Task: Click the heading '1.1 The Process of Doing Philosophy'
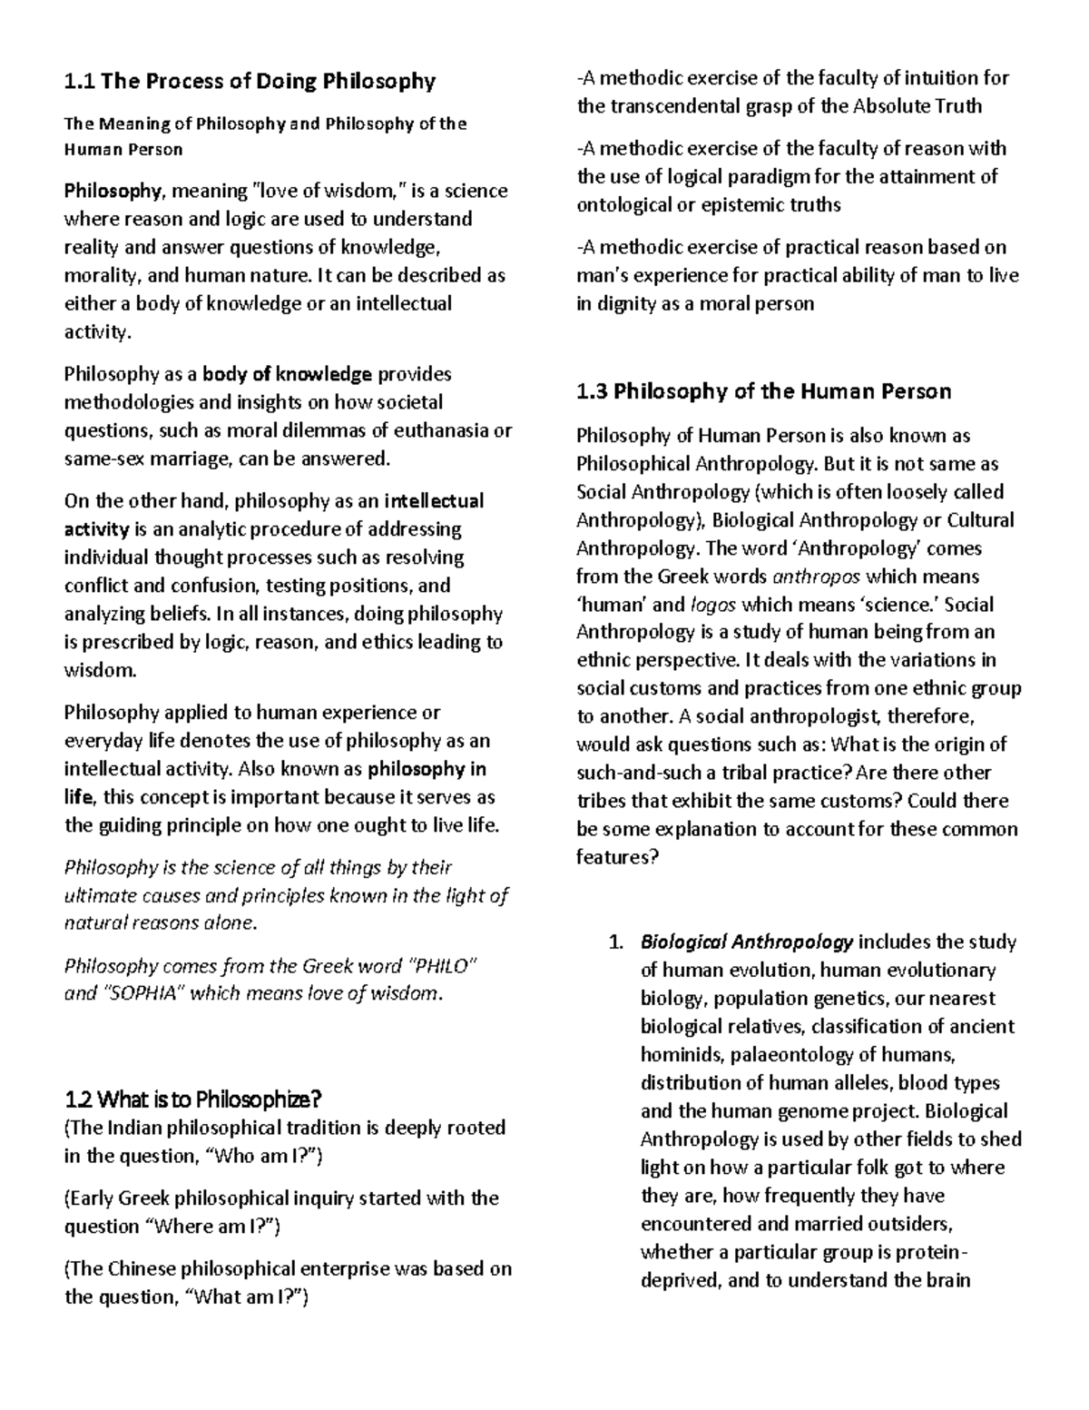click(250, 82)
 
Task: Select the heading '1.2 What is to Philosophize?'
click(193, 1100)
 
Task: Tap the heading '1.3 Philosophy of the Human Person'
click(764, 392)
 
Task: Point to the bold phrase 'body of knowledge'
click(288, 374)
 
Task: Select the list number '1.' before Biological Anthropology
click(615, 942)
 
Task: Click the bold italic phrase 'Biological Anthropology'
click(747, 942)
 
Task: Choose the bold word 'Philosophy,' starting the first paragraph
click(114, 191)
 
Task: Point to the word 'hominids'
click(677, 1055)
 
